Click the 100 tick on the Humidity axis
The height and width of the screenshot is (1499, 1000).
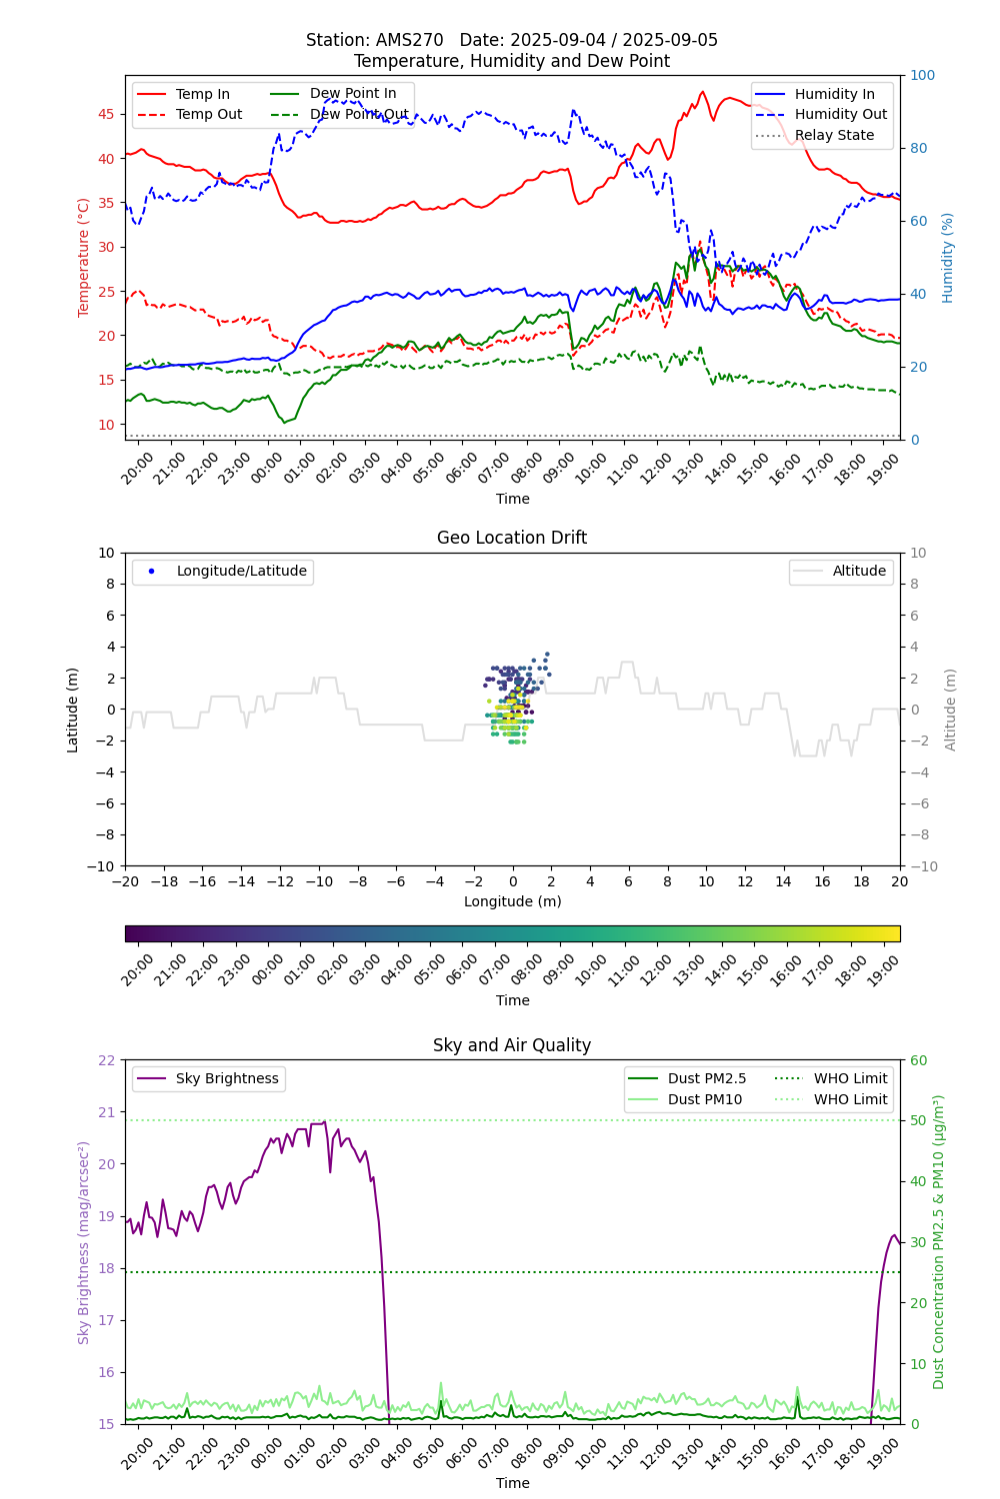point(922,75)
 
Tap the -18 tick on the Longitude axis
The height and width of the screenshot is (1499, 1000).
point(163,881)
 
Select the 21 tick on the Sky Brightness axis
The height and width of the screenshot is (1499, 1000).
point(106,1112)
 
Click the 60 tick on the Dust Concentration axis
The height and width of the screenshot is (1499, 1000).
point(918,1060)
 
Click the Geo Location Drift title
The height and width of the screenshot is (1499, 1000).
point(512,538)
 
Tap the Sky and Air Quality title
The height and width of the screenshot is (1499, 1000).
point(512,1045)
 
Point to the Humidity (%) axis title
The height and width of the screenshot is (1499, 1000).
point(948,257)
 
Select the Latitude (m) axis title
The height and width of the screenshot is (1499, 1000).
point(73,710)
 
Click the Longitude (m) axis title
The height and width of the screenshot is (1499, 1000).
point(512,901)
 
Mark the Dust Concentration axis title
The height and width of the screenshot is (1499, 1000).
point(939,1241)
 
